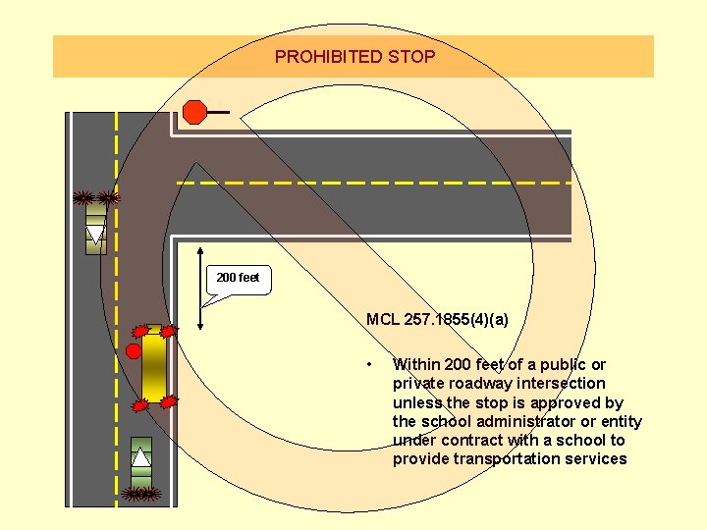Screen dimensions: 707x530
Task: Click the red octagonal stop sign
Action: tap(195, 112)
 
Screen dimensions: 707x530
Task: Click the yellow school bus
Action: tap(154, 368)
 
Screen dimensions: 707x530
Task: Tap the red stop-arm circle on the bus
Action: tap(134, 350)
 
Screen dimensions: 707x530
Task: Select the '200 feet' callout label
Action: tap(238, 278)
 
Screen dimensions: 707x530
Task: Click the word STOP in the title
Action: tap(411, 57)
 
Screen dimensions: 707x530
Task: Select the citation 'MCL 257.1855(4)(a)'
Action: tap(437, 319)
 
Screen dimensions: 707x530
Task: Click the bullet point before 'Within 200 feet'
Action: tap(368, 364)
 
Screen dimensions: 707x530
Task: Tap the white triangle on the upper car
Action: tap(95, 233)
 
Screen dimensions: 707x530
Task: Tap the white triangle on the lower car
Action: tap(141, 457)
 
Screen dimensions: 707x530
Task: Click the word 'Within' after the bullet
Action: tap(415, 364)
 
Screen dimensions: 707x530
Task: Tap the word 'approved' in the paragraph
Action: tap(572, 402)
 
